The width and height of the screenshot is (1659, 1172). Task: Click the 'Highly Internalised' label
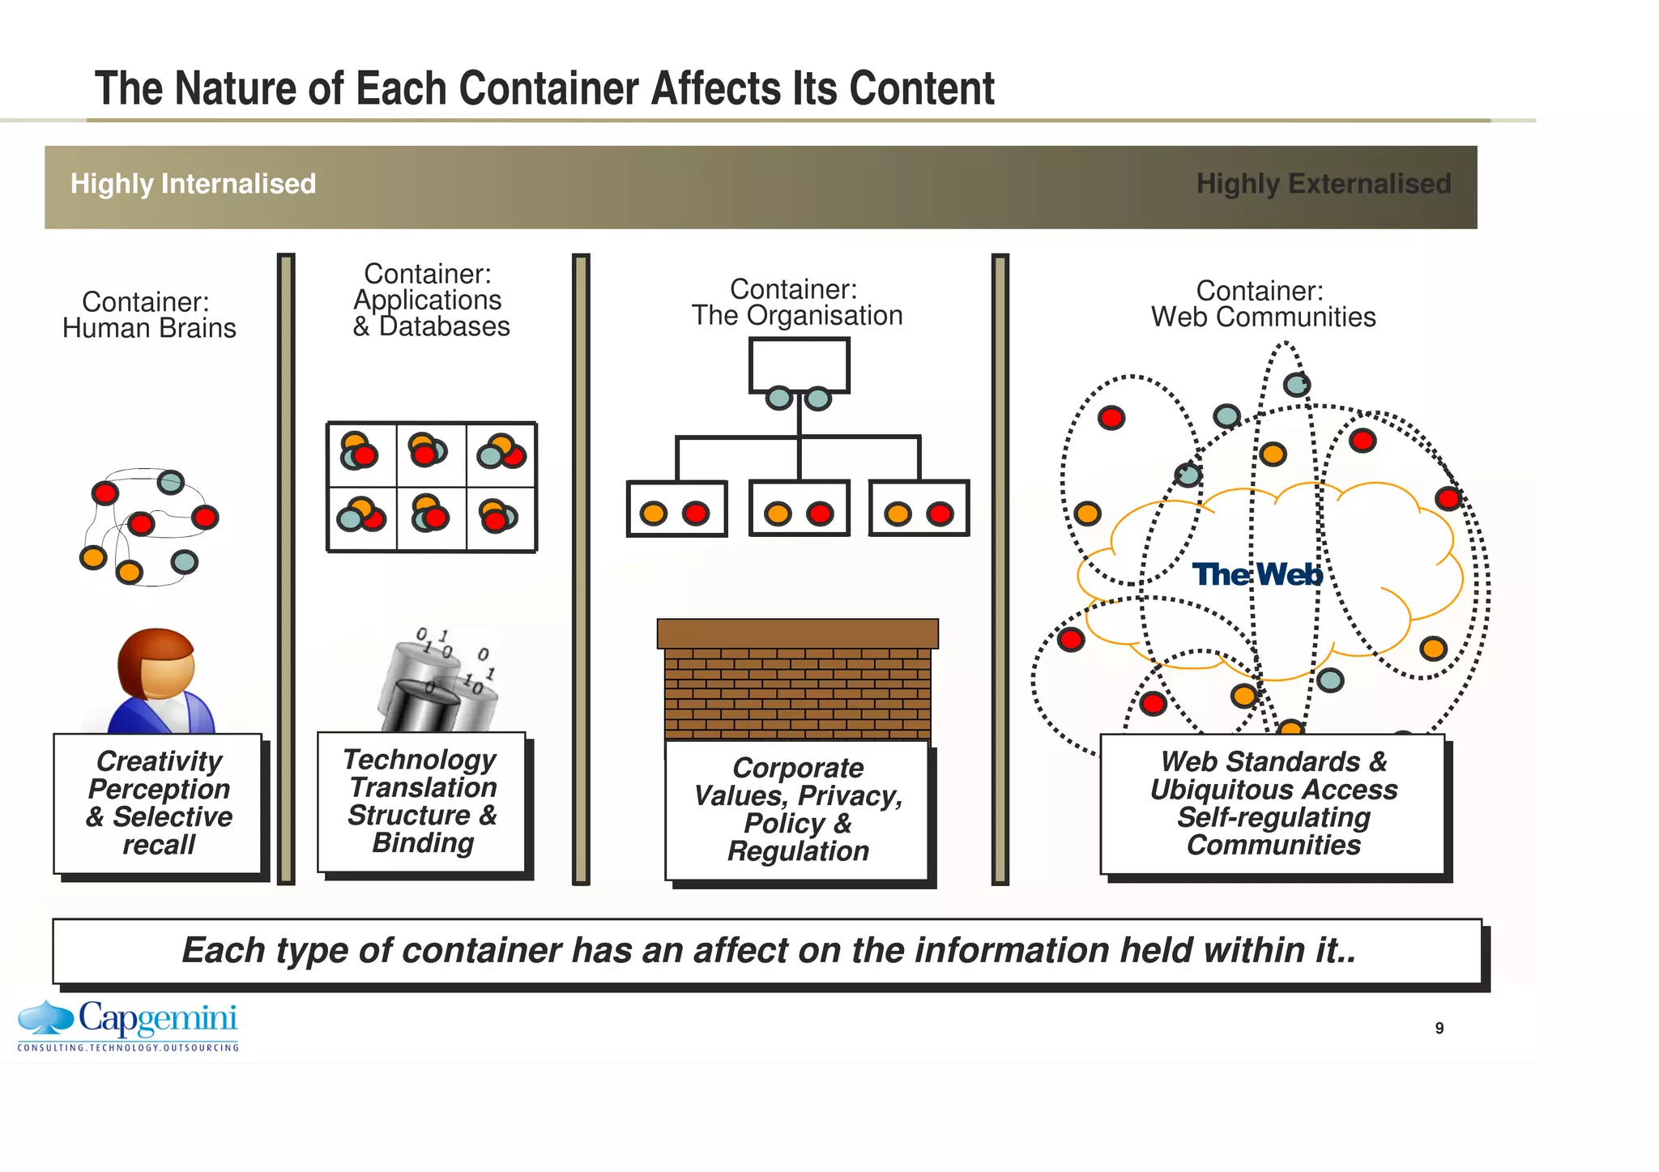point(193,184)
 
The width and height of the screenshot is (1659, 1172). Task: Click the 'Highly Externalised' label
point(1323,184)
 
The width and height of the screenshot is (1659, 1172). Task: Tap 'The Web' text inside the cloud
point(1256,574)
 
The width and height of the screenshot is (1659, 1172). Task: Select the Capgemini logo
point(129,1025)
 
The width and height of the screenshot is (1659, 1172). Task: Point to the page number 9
point(1439,1028)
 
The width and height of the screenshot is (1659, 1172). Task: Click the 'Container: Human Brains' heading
point(148,315)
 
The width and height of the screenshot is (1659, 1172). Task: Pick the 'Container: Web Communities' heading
point(1262,304)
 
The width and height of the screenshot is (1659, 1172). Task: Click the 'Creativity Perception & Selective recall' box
point(159,803)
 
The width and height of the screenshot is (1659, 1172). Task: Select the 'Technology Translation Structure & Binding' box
point(421,801)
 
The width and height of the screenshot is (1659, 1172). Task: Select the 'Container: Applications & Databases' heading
point(429,300)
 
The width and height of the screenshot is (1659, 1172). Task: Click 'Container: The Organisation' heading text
point(796,302)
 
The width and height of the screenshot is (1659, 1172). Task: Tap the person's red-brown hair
point(146,648)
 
